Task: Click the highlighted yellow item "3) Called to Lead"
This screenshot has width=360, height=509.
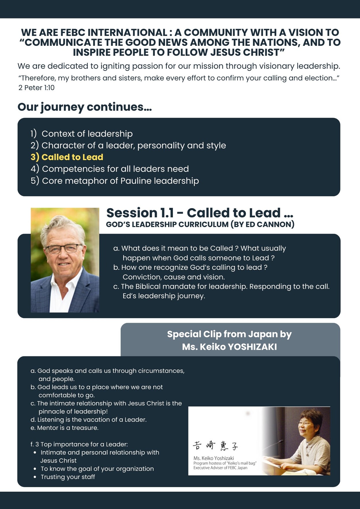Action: click(x=67, y=157)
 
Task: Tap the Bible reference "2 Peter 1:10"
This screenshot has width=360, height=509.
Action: click(x=37, y=88)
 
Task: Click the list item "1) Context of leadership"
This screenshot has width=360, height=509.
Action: click(x=82, y=134)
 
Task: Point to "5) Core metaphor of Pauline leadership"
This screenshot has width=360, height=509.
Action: click(x=115, y=181)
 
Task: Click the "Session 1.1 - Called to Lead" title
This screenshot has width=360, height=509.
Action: click(x=200, y=213)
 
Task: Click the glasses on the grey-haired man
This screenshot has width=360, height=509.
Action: click(x=64, y=248)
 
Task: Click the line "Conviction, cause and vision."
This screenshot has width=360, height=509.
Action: click(x=174, y=277)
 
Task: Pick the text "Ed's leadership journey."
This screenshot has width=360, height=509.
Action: click(x=164, y=296)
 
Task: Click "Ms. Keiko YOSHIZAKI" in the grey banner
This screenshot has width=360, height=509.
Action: click(x=229, y=347)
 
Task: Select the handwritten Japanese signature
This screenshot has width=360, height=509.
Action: click(x=215, y=446)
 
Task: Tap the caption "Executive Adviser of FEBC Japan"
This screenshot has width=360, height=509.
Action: click(x=220, y=468)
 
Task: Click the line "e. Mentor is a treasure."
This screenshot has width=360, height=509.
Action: click(x=65, y=428)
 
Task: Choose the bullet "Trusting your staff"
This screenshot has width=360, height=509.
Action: click(x=68, y=477)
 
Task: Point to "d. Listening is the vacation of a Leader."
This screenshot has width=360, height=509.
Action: click(x=89, y=420)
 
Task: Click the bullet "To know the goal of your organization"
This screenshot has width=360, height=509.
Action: click(x=97, y=469)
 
